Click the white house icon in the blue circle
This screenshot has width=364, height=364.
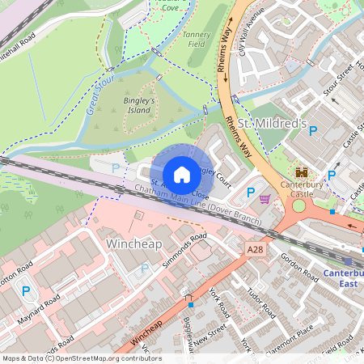click(x=182, y=174)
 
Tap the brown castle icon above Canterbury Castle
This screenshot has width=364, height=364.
click(x=303, y=173)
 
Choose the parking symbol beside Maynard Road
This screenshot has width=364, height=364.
click(x=26, y=291)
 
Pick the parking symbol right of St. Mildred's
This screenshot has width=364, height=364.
click(x=314, y=130)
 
